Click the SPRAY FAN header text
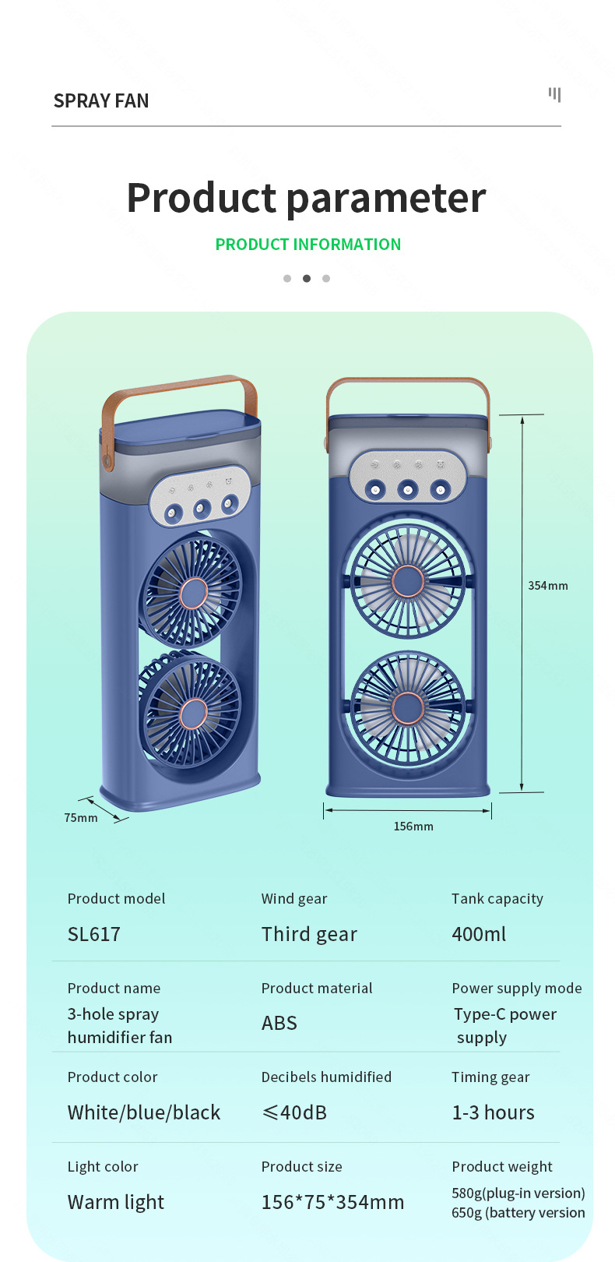[x=101, y=100]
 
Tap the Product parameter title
[x=306, y=198]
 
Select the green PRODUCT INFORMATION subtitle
[x=307, y=245]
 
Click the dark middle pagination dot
[x=307, y=278]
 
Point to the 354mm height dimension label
[x=547, y=586]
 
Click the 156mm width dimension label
[x=413, y=827]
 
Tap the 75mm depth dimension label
[x=81, y=818]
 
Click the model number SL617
[x=94, y=934]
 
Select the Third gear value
[x=309, y=934]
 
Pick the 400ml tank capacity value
[x=479, y=934]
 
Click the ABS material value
[x=279, y=1023]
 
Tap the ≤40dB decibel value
[x=294, y=1112]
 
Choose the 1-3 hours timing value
[x=493, y=1112]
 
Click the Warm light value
[x=116, y=1202]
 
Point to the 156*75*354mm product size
[x=332, y=1202]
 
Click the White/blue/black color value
[x=144, y=1112]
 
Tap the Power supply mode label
[x=516, y=988]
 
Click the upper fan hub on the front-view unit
[x=407, y=581]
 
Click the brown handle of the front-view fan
[x=407, y=382]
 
